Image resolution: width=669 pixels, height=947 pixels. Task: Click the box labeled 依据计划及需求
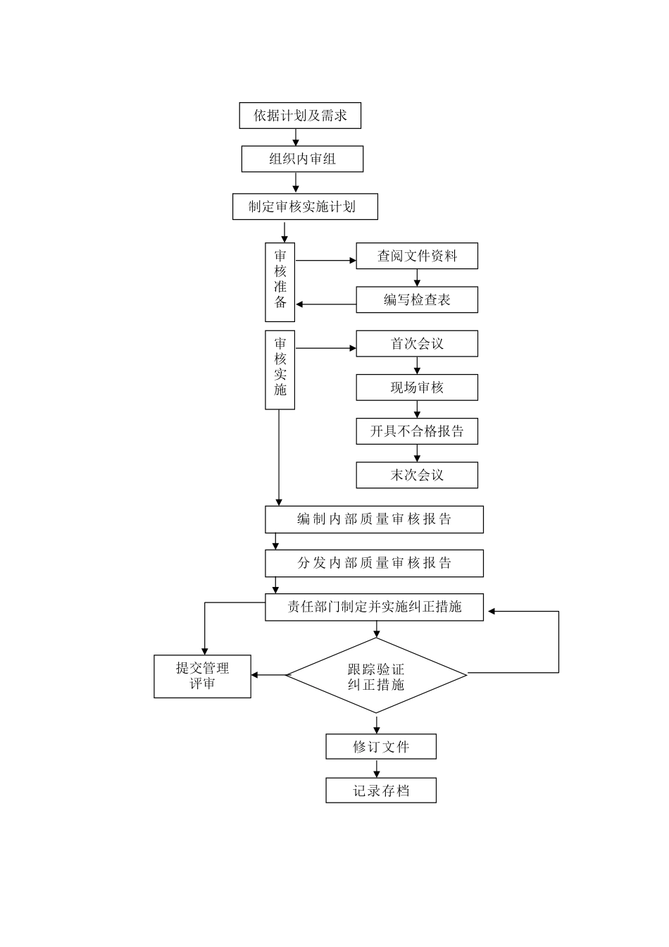point(301,116)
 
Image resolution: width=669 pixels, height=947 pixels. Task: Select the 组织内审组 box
point(302,159)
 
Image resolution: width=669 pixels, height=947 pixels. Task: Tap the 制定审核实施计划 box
point(305,207)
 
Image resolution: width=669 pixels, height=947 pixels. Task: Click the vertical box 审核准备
point(280,282)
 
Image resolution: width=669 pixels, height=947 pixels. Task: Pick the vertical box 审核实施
point(280,369)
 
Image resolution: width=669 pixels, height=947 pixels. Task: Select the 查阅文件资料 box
point(417,256)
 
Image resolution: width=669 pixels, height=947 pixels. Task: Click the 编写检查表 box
point(417,299)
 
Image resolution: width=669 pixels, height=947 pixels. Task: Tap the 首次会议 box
point(417,344)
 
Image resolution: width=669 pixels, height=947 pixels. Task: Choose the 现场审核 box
point(417,388)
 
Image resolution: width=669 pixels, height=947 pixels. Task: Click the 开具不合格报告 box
point(417,431)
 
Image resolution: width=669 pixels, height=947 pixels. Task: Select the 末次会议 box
point(417,475)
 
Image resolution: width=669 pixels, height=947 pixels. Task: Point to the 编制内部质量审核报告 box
point(374,519)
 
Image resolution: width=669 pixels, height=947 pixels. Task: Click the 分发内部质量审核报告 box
point(374,563)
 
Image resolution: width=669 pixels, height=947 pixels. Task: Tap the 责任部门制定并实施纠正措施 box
point(374,607)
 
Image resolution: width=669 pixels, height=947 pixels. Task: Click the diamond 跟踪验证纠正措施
point(376,676)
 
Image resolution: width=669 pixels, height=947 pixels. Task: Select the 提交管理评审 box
point(202,676)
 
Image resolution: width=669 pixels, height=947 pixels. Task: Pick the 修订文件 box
point(381,747)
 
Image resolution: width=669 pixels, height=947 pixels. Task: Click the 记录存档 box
point(381,791)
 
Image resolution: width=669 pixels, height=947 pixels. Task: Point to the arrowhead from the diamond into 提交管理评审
point(256,675)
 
